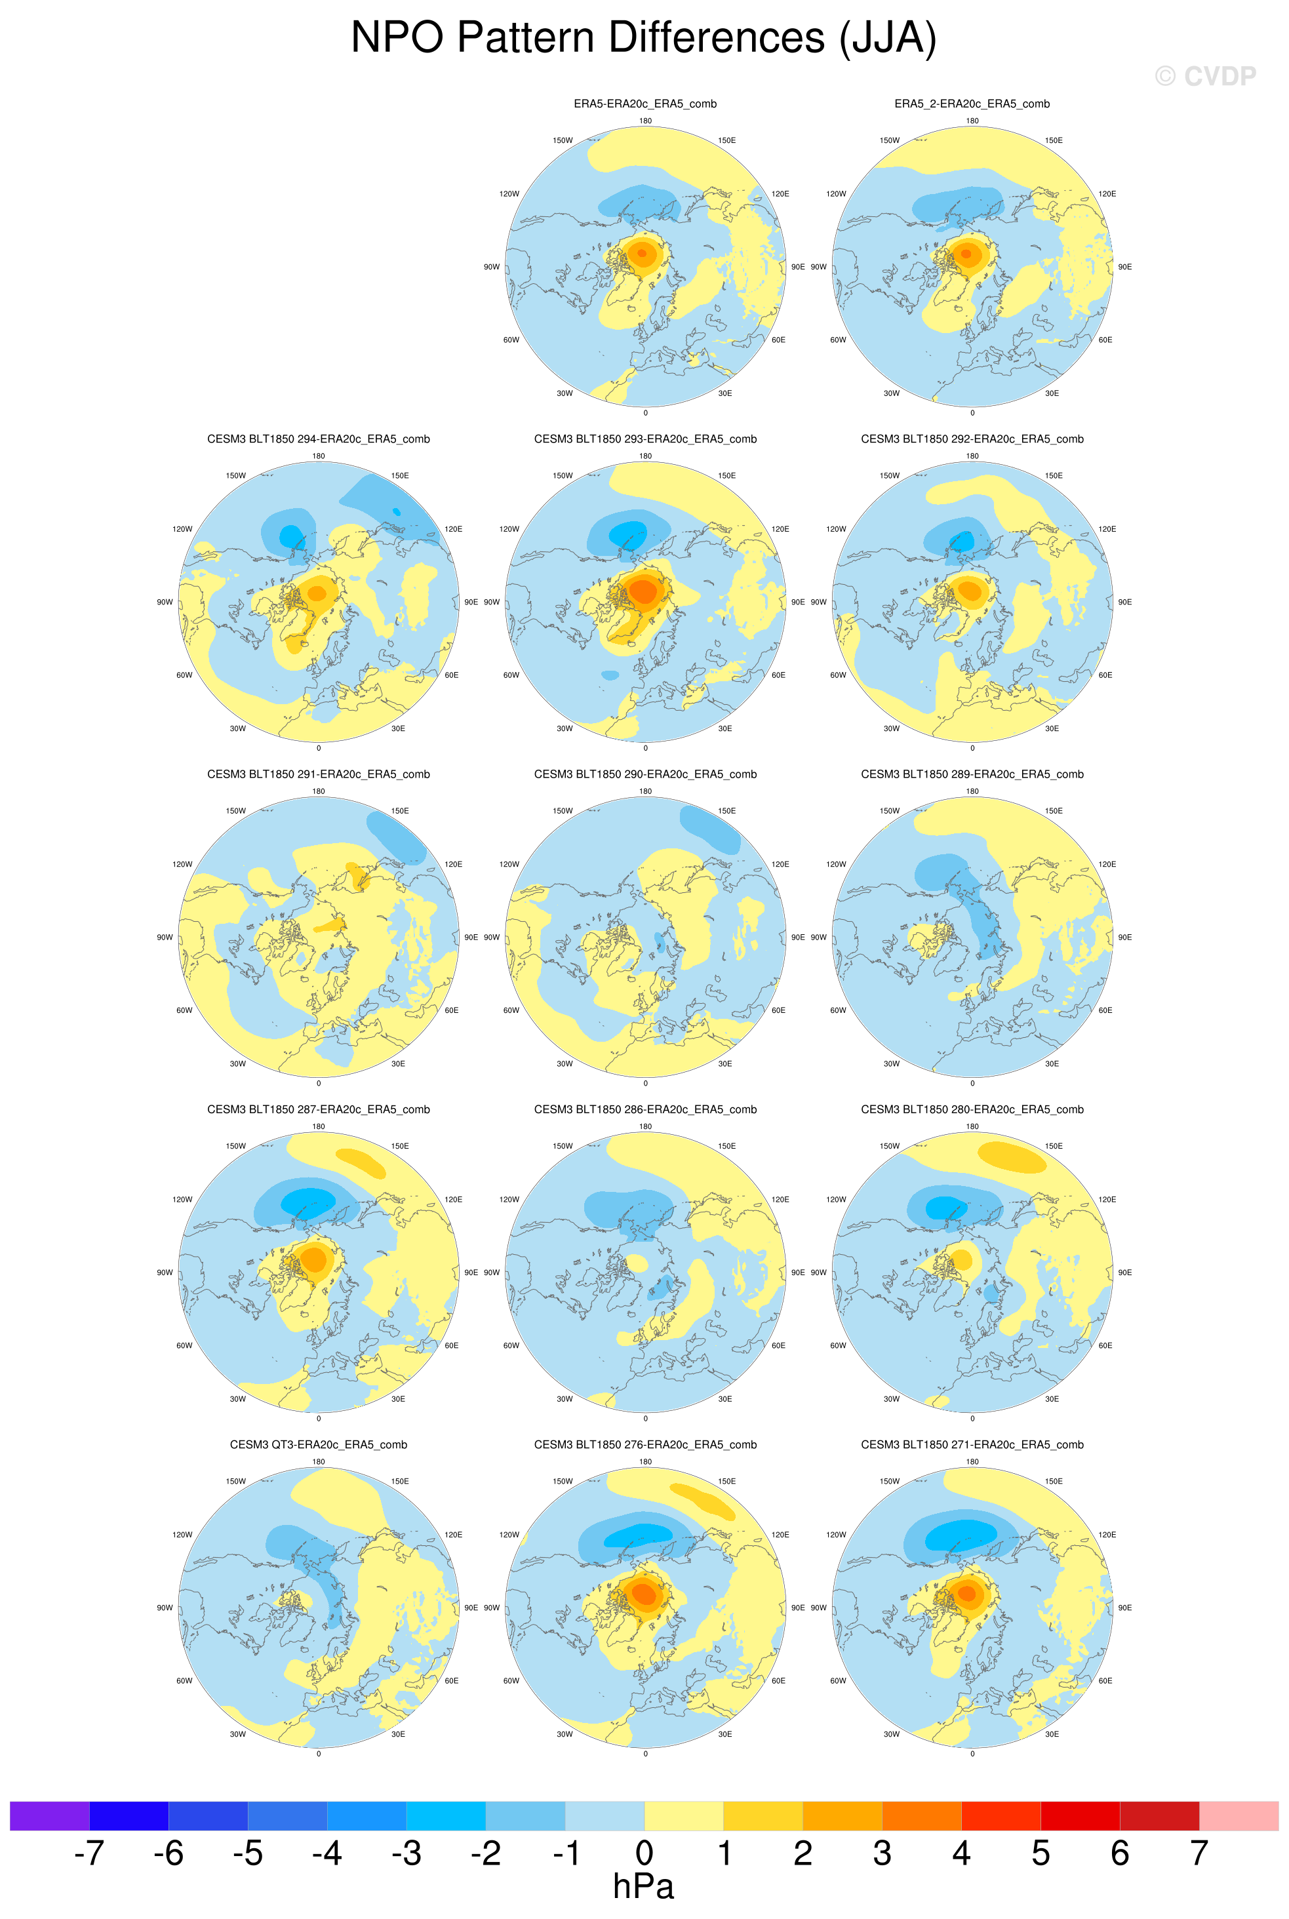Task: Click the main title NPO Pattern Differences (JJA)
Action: (x=644, y=38)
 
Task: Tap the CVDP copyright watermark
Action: (x=1205, y=77)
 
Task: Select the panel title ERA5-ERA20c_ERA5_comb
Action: (x=644, y=104)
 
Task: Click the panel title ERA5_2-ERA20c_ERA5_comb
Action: (x=972, y=104)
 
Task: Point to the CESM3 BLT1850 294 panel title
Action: (x=318, y=439)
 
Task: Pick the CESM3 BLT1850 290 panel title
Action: (x=644, y=774)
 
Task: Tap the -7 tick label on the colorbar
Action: (x=89, y=1853)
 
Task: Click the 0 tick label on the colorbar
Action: (x=644, y=1853)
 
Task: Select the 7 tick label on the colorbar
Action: (x=1199, y=1853)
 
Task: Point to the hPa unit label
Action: (x=644, y=1887)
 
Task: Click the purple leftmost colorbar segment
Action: (x=49, y=1815)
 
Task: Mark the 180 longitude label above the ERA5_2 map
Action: (x=972, y=121)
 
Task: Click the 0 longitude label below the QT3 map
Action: (x=318, y=1754)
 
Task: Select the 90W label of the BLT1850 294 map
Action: (x=165, y=603)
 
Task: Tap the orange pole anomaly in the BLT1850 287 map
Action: (x=314, y=1258)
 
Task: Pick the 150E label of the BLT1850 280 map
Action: (x=1053, y=1147)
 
